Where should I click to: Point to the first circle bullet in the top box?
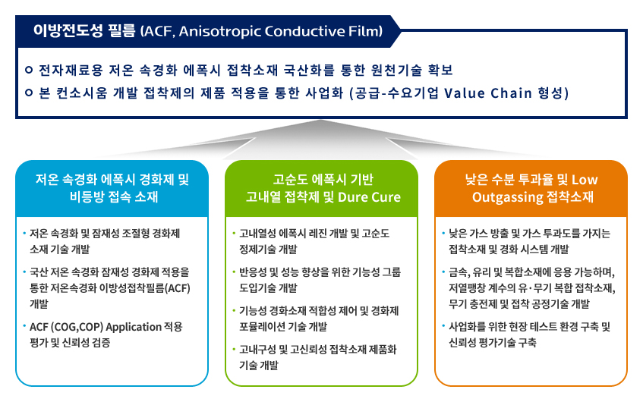[29, 70]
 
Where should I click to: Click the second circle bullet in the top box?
[29, 93]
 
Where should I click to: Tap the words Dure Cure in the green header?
[369, 197]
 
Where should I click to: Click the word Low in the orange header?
[585, 180]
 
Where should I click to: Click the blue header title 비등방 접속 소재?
[114, 197]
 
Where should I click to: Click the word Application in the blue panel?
[134, 327]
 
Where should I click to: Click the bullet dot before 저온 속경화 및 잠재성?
[24, 234]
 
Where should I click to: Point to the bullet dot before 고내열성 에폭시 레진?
[234, 234]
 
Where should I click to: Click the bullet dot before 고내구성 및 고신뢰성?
[234, 350]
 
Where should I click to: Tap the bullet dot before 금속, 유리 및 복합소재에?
[443, 272]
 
